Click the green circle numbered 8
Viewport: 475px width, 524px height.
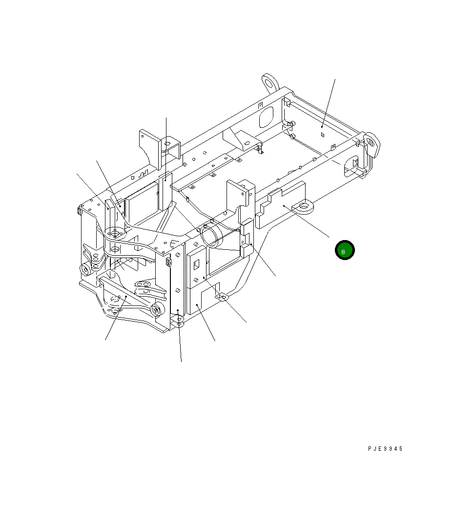(x=345, y=250)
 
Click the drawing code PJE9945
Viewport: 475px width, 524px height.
(x=385, y=449)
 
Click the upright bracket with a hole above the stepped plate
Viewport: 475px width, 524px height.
(x=243, y=194)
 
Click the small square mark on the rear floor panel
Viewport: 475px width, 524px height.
(x=322, y=134)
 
